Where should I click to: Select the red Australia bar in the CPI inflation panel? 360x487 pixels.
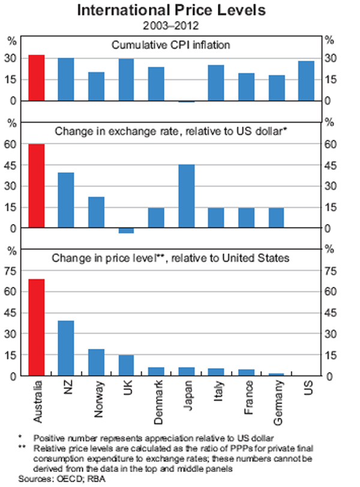36,78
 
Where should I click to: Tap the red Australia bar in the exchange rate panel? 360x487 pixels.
36,186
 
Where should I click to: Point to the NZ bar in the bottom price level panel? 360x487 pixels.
66,348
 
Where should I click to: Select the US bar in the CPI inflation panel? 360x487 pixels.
306,81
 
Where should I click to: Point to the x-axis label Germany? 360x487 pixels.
277,401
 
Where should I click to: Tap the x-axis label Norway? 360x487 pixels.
96,399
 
